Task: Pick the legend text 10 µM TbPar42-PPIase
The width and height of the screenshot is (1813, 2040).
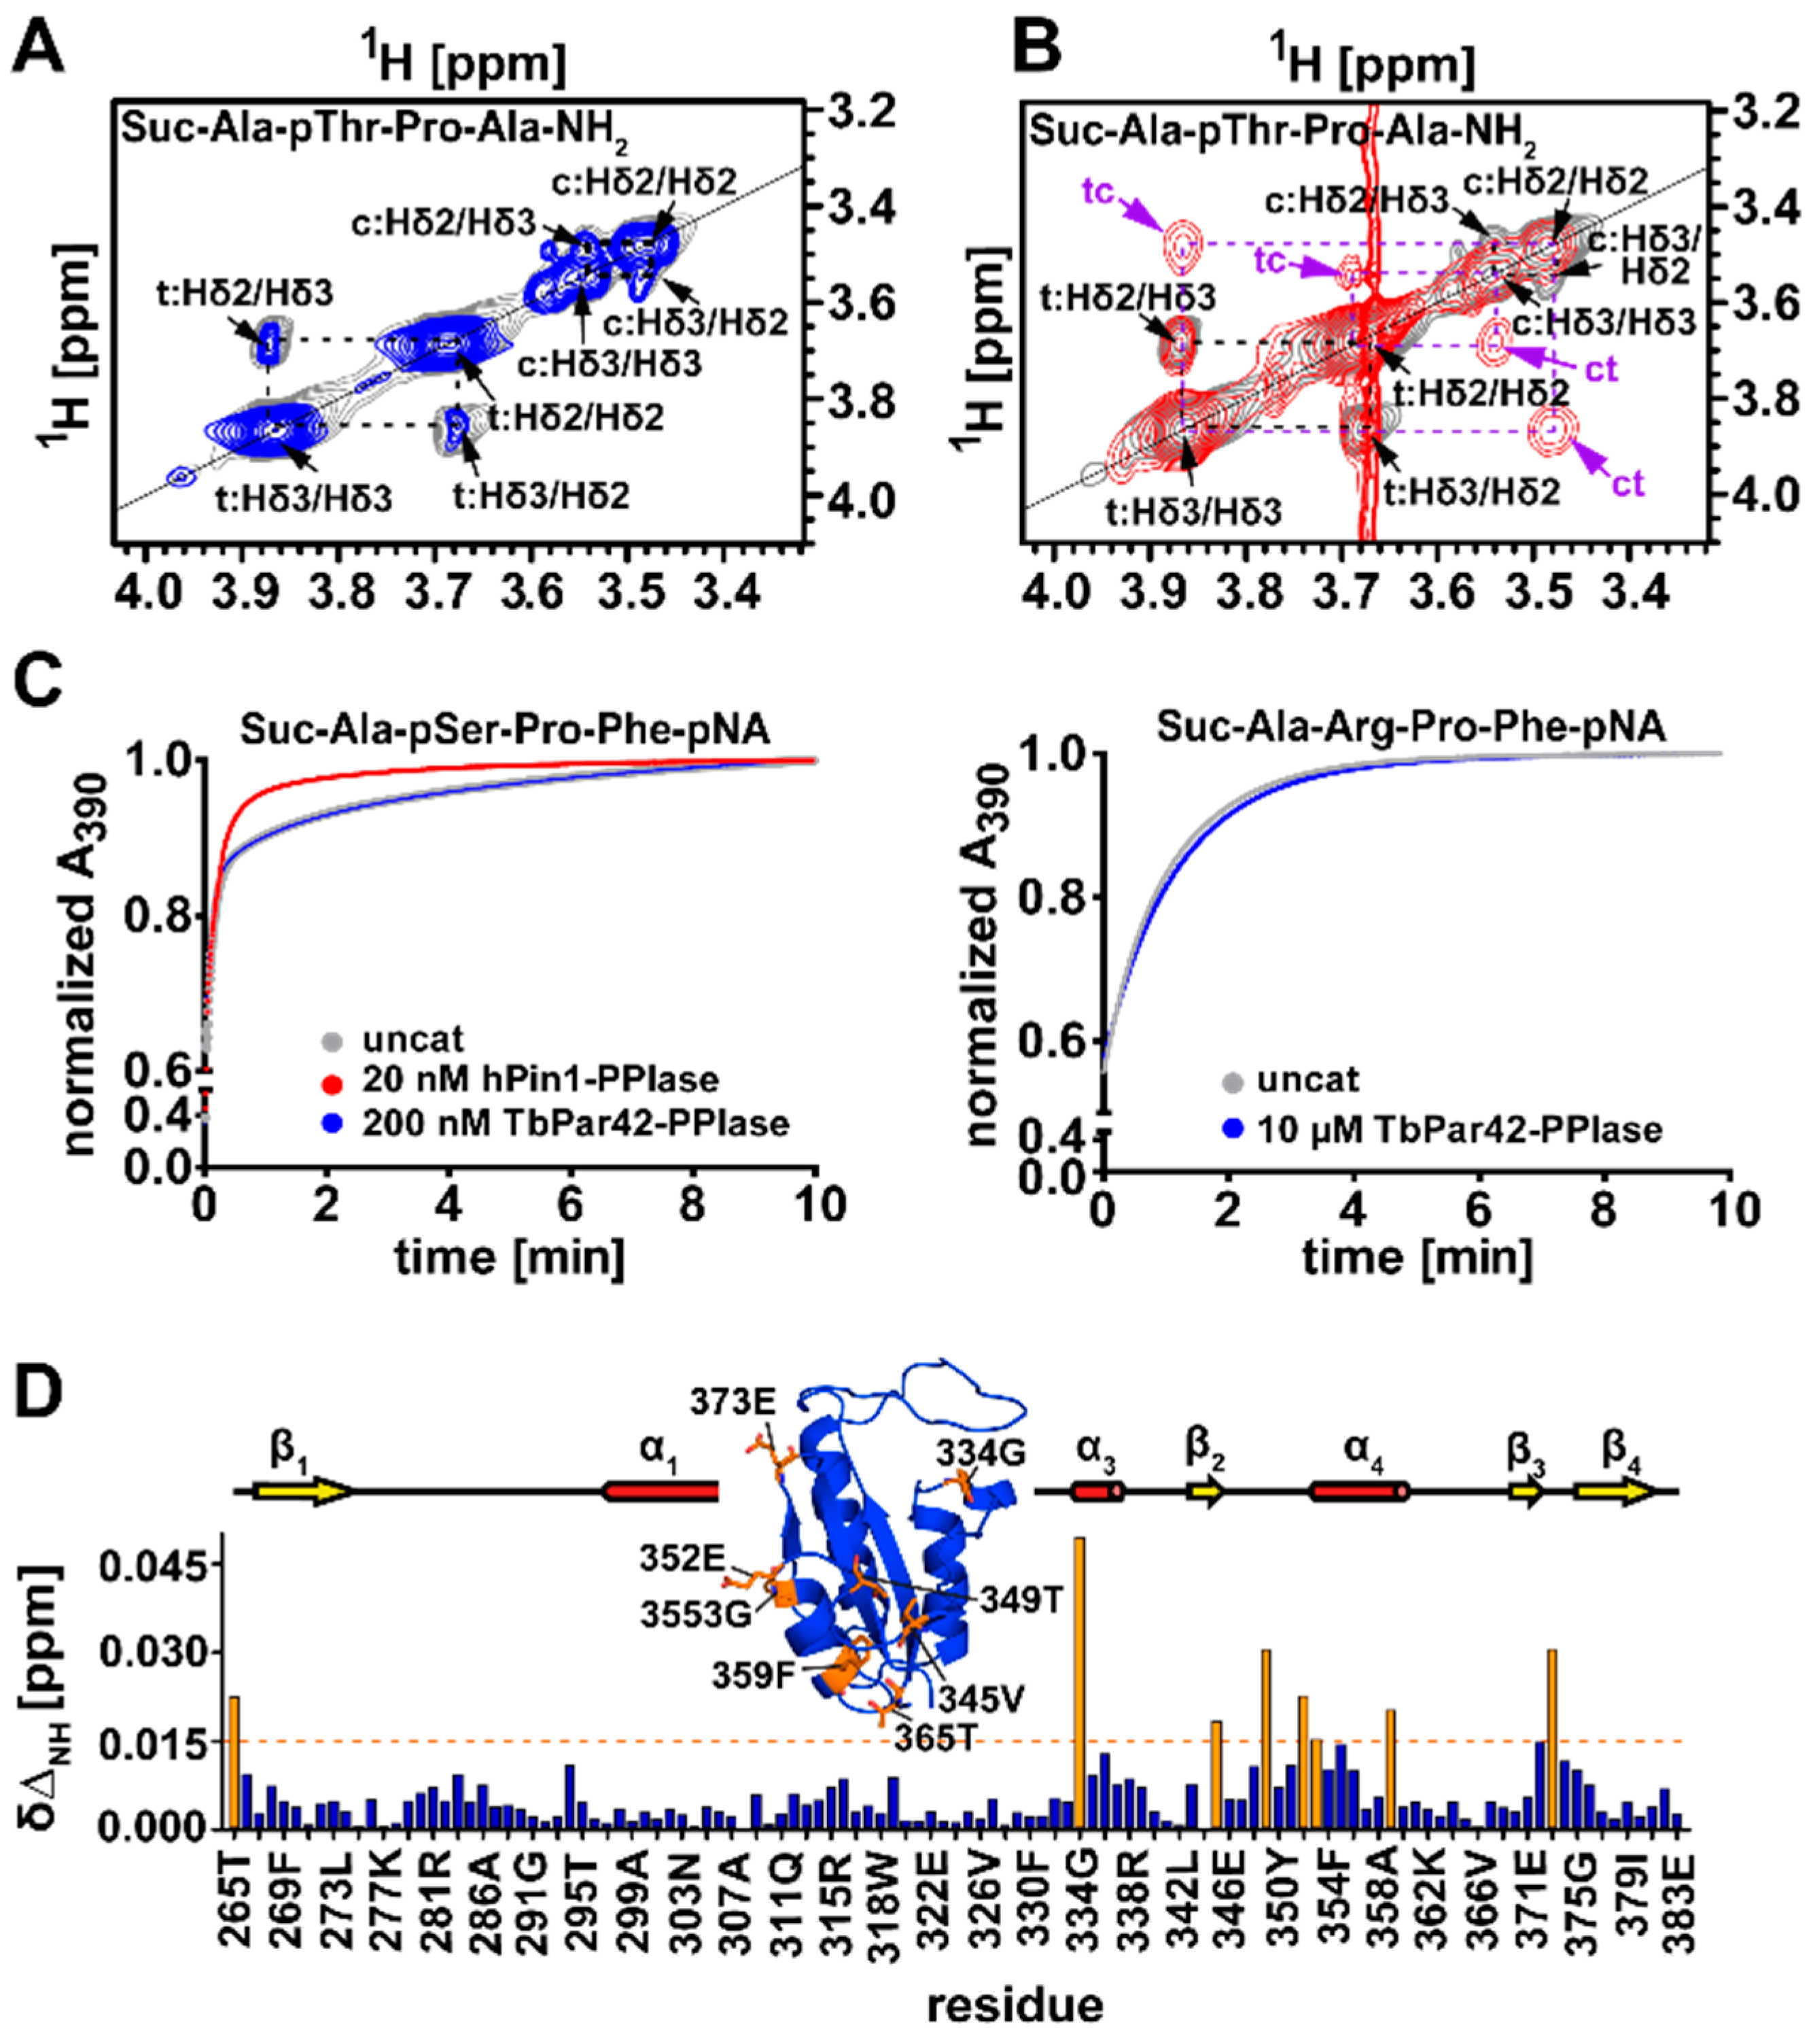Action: click(1458, 1130)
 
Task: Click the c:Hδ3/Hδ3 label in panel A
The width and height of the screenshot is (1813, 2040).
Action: click(608, 363)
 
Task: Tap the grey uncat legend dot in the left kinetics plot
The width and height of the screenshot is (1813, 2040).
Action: click(333, 1040)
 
